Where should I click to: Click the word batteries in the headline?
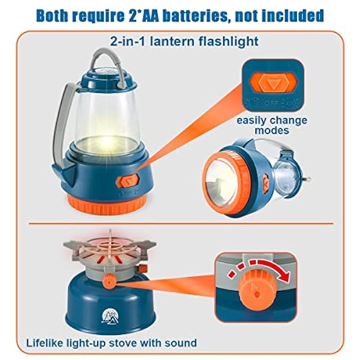[x=197, y=16]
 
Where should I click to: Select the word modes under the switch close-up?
[x=272, y=130]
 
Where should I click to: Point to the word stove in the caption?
[x=122, y=343]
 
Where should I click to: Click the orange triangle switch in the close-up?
[x=273, y=83]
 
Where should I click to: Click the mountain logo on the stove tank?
[x=110, y=316]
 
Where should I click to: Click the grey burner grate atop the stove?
[x=110, y=251]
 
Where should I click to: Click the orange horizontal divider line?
[x=181, y=223]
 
